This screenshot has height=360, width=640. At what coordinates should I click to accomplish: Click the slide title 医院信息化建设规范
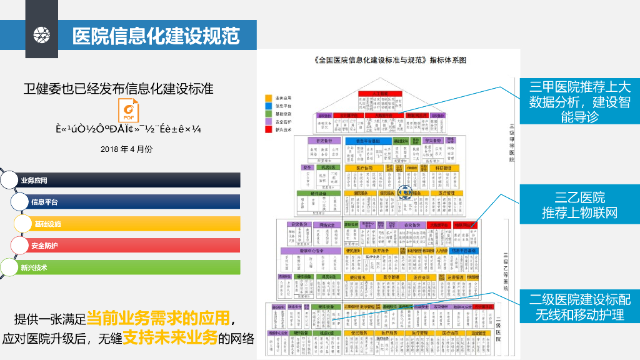click(156, 35)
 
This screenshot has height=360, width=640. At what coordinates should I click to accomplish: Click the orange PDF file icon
click(127, 111)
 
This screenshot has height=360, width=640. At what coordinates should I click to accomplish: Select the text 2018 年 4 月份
click(126, 149)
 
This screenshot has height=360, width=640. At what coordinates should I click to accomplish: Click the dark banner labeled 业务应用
click(125, 181)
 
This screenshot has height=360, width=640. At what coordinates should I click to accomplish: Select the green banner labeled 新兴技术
click(125, 267)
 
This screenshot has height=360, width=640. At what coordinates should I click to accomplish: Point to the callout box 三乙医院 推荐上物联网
click(579, 205)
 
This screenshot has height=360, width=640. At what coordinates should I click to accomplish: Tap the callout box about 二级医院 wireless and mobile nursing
click(579, 306)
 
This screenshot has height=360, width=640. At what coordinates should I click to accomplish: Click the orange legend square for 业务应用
click(268, 98)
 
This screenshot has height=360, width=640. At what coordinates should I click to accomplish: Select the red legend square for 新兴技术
click(268, 129)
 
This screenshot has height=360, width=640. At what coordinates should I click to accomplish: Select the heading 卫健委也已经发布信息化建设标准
click(119, 88)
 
